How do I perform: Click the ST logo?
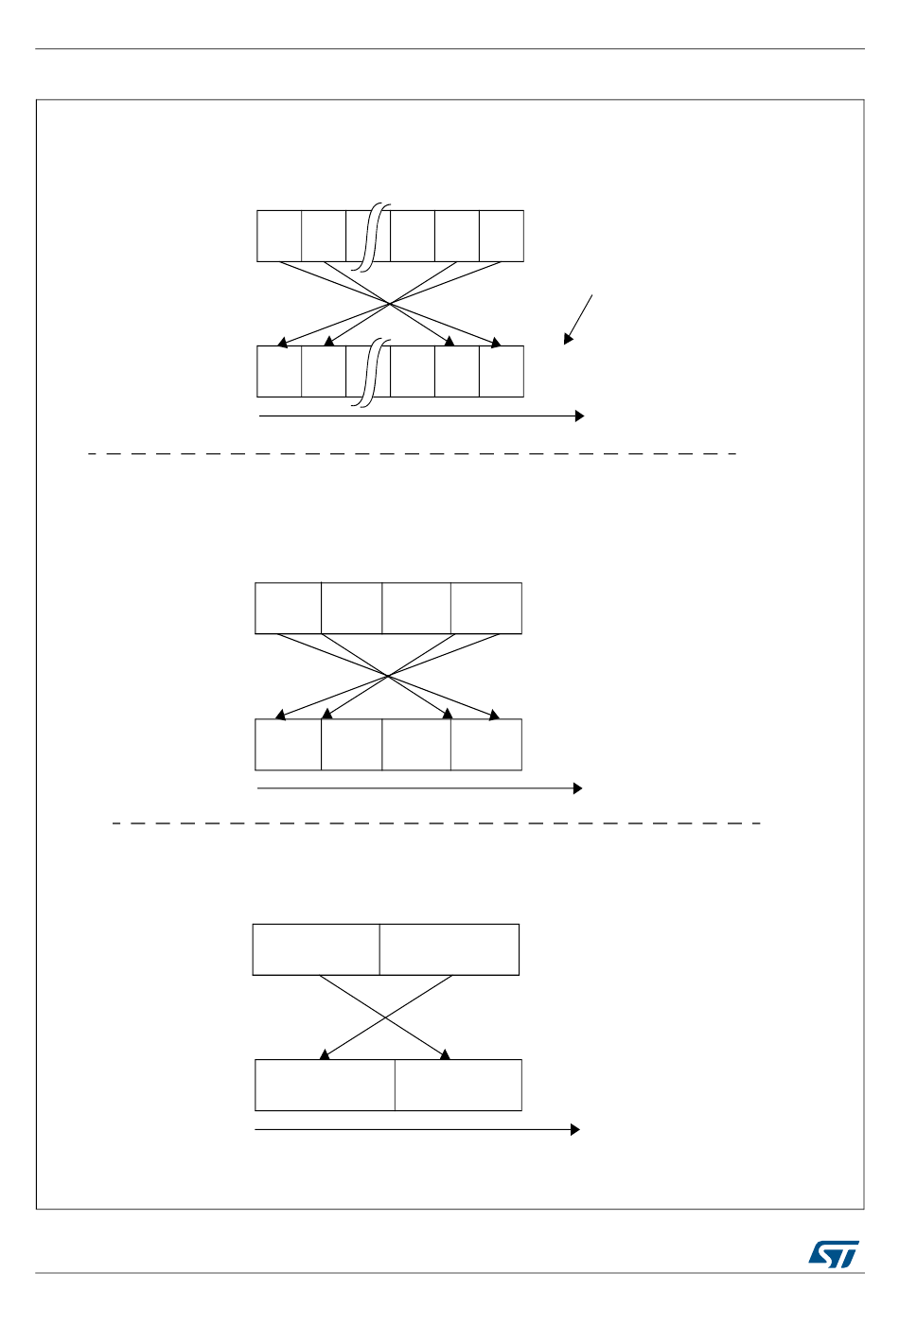[834, 1254]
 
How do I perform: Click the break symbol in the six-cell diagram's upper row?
[377, 237]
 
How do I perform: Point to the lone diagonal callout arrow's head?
[568, 339]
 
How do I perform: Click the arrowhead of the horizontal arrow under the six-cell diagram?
[579, 416]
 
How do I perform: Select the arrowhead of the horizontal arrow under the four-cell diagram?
[577, 788]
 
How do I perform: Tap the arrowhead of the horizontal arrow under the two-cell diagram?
[574, 1129]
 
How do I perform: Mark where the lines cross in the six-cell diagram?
[390, 303]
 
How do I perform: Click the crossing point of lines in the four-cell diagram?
[387, 676]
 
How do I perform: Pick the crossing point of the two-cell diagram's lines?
[385, 1017]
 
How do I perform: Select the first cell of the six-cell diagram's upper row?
[279, 236]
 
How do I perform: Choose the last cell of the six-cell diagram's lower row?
[502, 371]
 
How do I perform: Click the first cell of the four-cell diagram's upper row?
[289, 608]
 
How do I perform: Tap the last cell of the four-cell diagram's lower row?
[486, 744]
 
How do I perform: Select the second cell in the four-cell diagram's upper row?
[352, 608]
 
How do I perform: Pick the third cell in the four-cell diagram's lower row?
[416, 744]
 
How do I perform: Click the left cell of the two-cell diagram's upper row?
[316, 949]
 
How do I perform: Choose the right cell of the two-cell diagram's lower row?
[458, 1085]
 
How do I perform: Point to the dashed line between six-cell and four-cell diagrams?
[413, 454]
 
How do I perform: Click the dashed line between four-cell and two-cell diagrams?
[436, 823]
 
